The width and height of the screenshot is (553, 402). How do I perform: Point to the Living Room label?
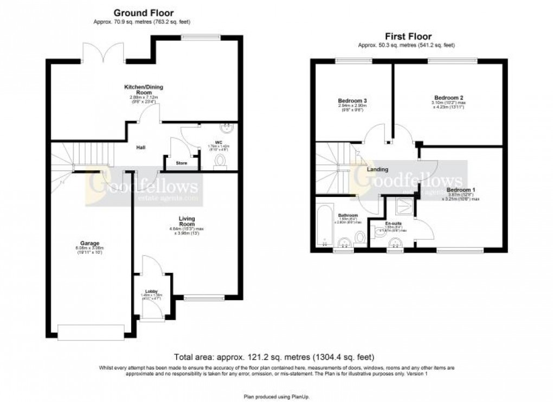tap(187, 221)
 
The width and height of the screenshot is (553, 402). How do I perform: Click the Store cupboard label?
tap(174, 163)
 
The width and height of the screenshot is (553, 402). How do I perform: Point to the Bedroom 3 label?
tap(352, 101)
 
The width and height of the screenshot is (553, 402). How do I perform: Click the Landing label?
tap(377, 169)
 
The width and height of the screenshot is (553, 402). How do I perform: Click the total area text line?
tap(274, 357)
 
